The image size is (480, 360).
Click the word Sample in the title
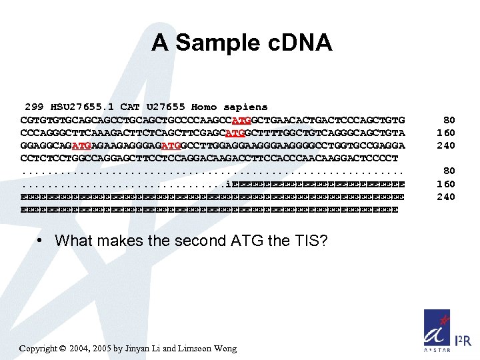tap(213, 43)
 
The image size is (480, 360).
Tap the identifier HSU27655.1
tap(82, 107)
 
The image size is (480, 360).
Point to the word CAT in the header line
tap(131, 107)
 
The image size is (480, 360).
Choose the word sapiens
tap(245, 107)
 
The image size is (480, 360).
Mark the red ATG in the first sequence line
tap(240, 120)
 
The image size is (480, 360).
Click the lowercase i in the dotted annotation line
tap(228, 184)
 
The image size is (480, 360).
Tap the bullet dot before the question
tap(41, 241)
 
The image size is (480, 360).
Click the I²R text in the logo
tap(463, 341)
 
